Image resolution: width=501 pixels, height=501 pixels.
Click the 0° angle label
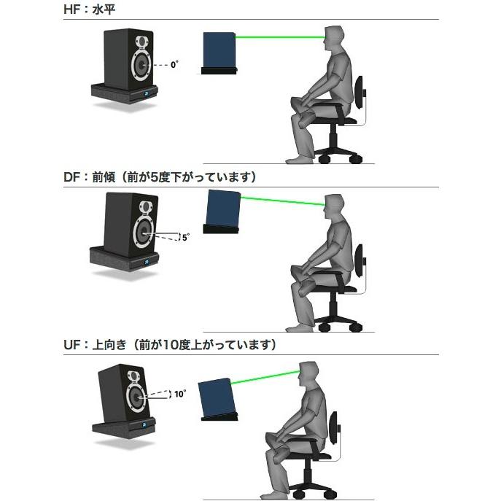pos(174,65)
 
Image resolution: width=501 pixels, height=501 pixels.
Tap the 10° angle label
pos(179,394)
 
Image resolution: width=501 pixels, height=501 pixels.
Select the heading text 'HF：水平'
pos(85,10)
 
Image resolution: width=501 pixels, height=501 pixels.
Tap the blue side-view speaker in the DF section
pos(223,206)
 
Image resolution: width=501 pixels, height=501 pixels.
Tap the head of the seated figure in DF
pos(335,206)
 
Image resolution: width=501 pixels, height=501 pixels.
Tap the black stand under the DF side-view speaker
pos(222,230)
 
